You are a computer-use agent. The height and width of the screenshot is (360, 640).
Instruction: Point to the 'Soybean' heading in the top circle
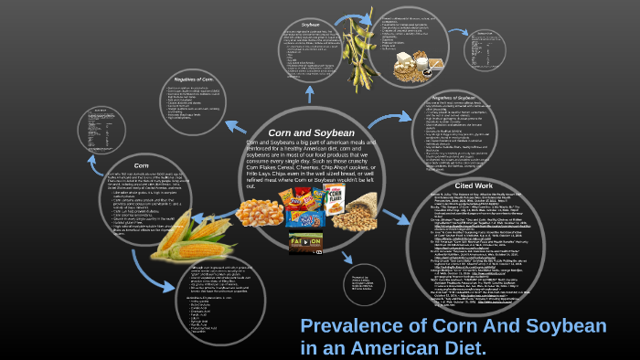pyautogui.click(x=311, y=25)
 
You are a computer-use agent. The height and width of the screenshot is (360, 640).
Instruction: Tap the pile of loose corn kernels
pyautogui.click(x=259, y=213)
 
